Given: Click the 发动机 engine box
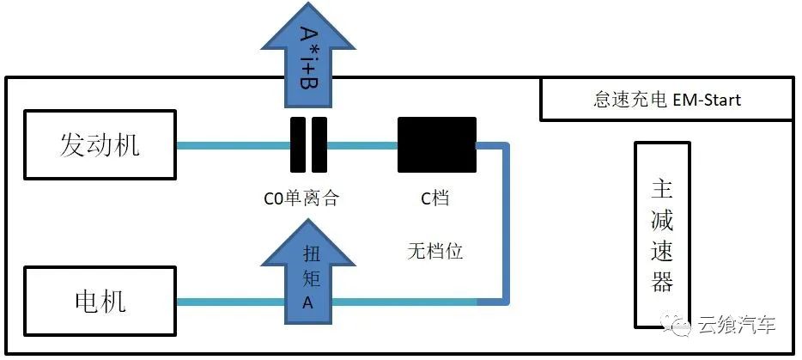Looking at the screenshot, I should (100, 145).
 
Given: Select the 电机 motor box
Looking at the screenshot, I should (100, 301).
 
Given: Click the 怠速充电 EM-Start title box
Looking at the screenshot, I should (666, 100).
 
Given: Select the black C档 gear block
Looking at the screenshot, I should (436, 145).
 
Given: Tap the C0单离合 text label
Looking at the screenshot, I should (301, 198).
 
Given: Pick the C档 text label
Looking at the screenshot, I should (434, 198).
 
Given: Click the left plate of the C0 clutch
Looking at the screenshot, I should (296, 145).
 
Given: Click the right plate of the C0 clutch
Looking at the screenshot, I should (319, 145).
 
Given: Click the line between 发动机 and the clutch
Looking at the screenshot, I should (232, 145).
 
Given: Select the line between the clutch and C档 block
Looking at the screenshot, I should (362, 145).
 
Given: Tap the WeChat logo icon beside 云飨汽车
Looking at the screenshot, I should (677, 325).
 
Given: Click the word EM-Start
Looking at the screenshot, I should (707, 101).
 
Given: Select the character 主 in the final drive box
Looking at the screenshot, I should (661, 188).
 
